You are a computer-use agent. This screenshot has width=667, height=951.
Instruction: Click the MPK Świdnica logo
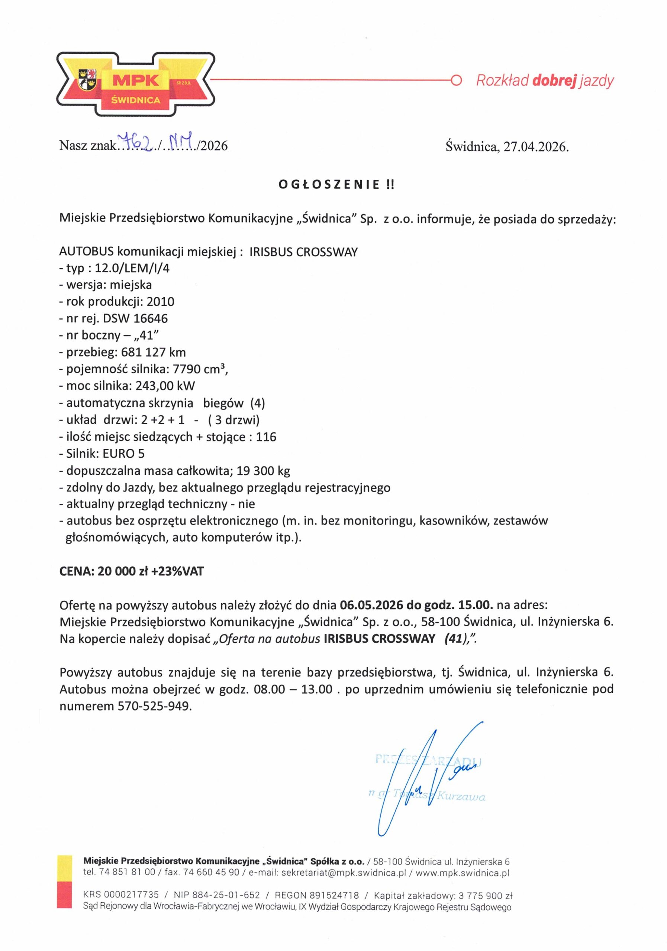pos(136,84)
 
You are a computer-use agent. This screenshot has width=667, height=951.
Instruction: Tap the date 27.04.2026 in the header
pos(536,147)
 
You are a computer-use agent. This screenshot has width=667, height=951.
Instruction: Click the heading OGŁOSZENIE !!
pos(336,185)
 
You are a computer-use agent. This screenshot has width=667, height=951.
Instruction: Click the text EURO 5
pos(123,454)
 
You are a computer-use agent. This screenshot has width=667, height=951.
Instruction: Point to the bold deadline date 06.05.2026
pos(371,605)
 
